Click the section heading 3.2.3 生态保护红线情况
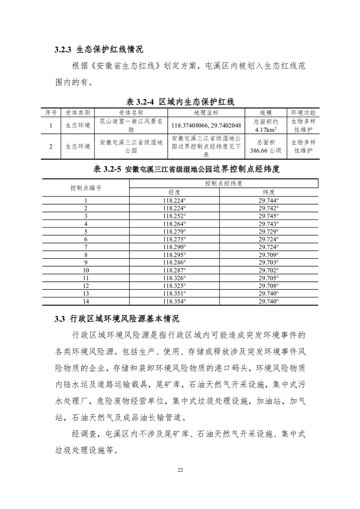coord(99,49)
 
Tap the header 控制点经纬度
coord(223,183)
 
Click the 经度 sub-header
coord(174,192)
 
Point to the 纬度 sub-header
coord(269,192)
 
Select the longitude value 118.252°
coord(174,215)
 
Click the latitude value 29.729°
coord(269,231)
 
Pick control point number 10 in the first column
coord(86,270)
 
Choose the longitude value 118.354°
coord(174,301)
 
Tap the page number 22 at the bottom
coord(180,469)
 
